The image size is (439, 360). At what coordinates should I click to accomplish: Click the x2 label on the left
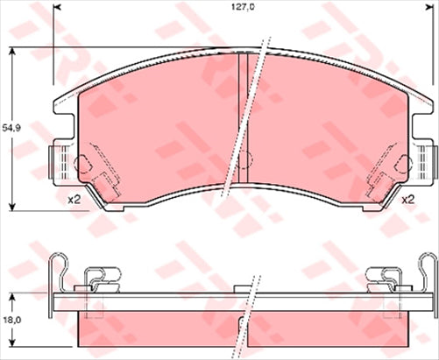tap(74, 200)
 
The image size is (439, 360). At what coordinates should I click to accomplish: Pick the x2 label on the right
tap(407, 200)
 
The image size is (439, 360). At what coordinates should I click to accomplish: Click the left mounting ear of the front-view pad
tap(56, 161)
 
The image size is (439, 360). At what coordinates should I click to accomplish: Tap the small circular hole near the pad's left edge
tap(83, 163)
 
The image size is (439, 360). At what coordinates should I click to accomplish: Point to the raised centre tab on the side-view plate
tap(241, 286)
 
